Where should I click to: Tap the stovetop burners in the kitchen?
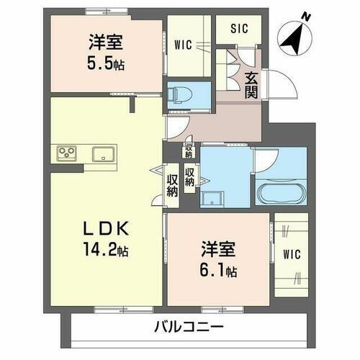click(67, 153)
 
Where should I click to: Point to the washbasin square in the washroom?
click(213, 199)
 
